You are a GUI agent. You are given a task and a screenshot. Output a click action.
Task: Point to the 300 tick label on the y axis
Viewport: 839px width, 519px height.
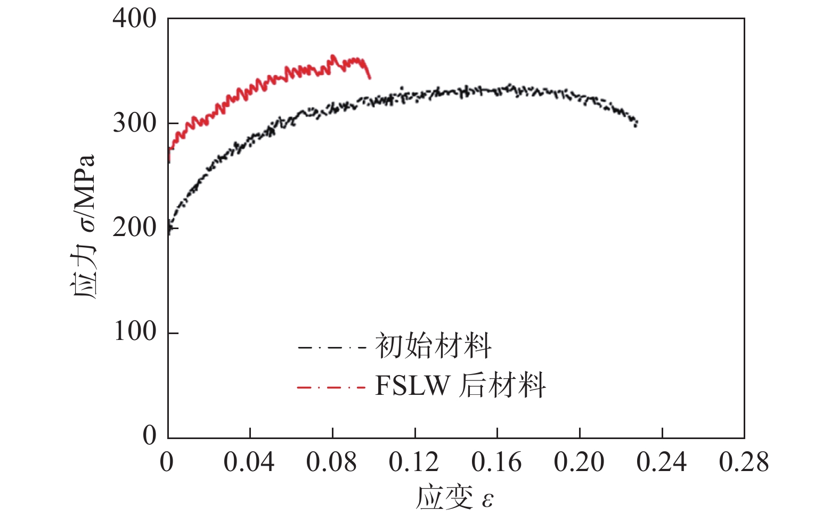click(x=134, y=123)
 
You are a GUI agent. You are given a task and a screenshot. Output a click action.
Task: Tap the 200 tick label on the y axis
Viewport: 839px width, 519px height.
click(x=134, y=228)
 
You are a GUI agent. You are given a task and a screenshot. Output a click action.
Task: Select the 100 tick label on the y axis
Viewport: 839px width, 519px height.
click(x=134, y=331)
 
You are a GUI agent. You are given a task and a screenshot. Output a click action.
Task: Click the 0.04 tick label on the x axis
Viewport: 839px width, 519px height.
click(x=249, y=462)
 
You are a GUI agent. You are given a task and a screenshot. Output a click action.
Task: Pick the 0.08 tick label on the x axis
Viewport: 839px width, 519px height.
click(x=331, y=462)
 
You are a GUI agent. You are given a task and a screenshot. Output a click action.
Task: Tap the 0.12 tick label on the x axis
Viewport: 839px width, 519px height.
click(x=414, y=462)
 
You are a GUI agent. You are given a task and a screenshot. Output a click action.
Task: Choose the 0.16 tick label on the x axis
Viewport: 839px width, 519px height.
click(x=496, y=462)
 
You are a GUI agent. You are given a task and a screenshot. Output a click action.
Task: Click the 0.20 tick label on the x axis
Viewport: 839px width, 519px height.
click(x=579, y=462)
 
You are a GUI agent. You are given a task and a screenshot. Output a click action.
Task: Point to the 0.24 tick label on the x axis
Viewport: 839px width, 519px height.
click(x=662, y=462)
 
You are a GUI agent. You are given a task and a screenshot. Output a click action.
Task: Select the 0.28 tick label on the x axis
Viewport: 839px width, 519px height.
click(x=744, y=462)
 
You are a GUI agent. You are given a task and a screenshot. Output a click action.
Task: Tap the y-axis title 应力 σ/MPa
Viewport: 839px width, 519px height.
click(x=83, y=226)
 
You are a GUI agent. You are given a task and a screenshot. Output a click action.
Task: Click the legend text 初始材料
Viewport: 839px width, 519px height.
click(x=433, y=346)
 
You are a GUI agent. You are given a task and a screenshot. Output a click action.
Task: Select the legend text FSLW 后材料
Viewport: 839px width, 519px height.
click(x=460, y=385)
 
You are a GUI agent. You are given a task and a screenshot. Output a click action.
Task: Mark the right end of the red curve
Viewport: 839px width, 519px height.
click(x=370, y=78)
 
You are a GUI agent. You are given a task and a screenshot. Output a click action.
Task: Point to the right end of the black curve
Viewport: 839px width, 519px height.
click(x=636, y=124)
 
